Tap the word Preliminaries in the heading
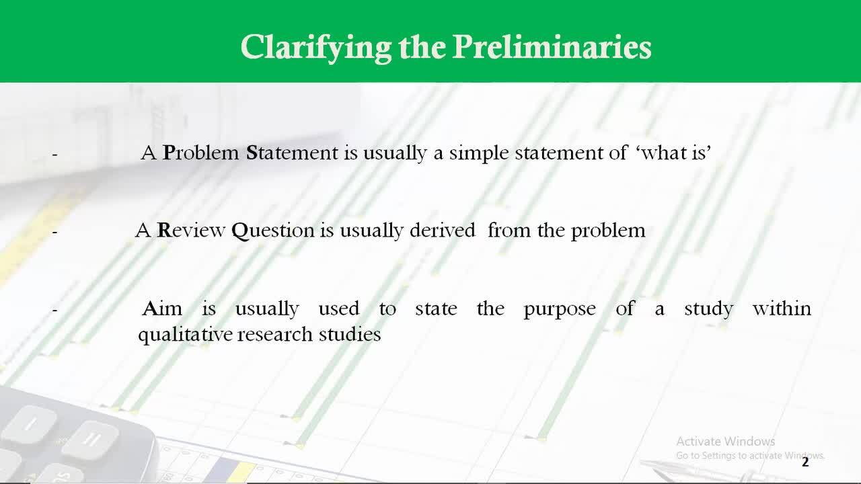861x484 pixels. coord(552,47)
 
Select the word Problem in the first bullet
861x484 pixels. coord(201,153)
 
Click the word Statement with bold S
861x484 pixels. coord(292,153)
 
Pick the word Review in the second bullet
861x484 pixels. coord(191,231)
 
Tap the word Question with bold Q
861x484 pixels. coord(273,231)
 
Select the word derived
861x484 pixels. coord(443,230)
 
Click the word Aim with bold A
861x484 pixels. coord(162,309)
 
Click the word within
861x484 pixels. coord(782,308)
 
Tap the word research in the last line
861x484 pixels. coord(275,334)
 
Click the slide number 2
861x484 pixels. coord(805,462)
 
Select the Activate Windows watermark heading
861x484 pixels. coord(726,442)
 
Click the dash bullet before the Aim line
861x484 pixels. coord(55,310)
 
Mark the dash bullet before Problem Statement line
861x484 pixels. coord(55,155)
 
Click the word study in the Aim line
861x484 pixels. coord(708,309)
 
